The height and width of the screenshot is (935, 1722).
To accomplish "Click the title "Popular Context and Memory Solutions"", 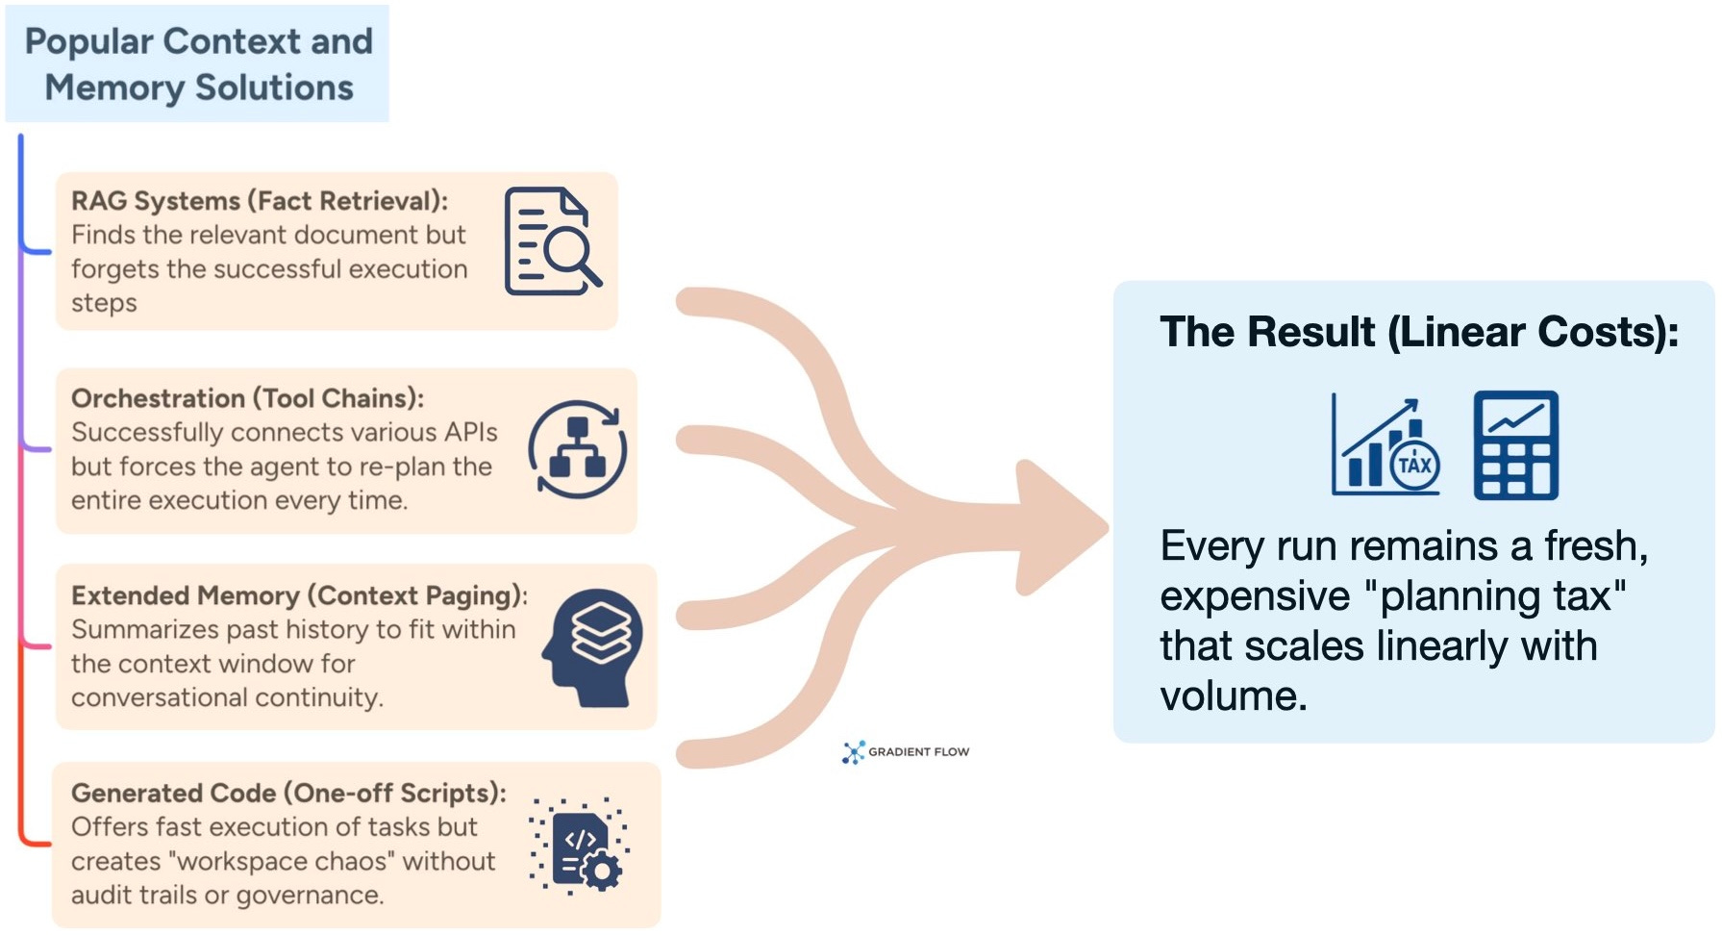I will click(x=198, y=64).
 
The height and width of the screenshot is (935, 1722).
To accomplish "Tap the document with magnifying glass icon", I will click(x=552, y=240).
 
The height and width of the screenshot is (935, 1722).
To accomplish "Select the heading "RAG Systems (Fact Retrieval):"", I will click(x=260, y=201).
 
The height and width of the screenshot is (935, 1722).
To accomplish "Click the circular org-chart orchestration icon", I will click(x=577, y=449).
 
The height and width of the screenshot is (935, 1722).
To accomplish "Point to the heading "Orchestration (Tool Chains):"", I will click(x=247, y=398).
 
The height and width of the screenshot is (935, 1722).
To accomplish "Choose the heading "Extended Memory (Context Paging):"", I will click(x=299, y=595).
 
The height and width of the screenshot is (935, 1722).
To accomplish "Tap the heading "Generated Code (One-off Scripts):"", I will click(x=288, y=793).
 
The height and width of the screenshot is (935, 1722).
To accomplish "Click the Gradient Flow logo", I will click(x=906, y=751).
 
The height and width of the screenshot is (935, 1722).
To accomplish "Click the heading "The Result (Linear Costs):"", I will click(x=1419, y=332).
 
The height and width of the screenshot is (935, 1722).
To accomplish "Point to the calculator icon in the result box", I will click(x=1515, y=444).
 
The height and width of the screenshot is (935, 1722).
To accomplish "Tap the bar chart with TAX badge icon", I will click(x=1385, y=446).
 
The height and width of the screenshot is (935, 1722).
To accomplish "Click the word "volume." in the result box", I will click(x=1234, y=695).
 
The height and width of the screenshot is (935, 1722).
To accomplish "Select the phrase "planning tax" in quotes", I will click(x=1495, y=595).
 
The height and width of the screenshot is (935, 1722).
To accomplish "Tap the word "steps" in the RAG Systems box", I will click(x=104, y=303).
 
